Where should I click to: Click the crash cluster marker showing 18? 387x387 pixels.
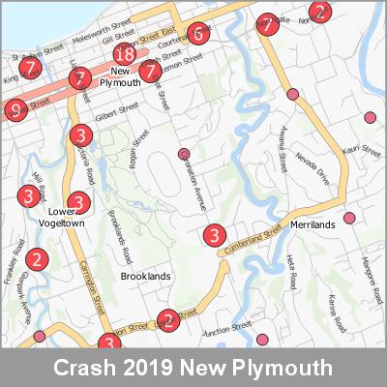[x=123, y=55]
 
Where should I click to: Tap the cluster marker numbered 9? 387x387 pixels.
[x=15, y=109]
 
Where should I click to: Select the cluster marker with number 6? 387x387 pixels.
[x=197, y=33]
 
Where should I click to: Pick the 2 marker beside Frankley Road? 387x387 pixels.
[x=37, y=259]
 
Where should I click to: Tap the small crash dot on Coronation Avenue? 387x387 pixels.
[x=184, y=154]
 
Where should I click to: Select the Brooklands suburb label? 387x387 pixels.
[x=145, y=277]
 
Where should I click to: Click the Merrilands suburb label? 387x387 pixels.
[x=312, y=224]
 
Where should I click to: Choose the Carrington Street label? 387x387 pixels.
[x=93, y=286]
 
